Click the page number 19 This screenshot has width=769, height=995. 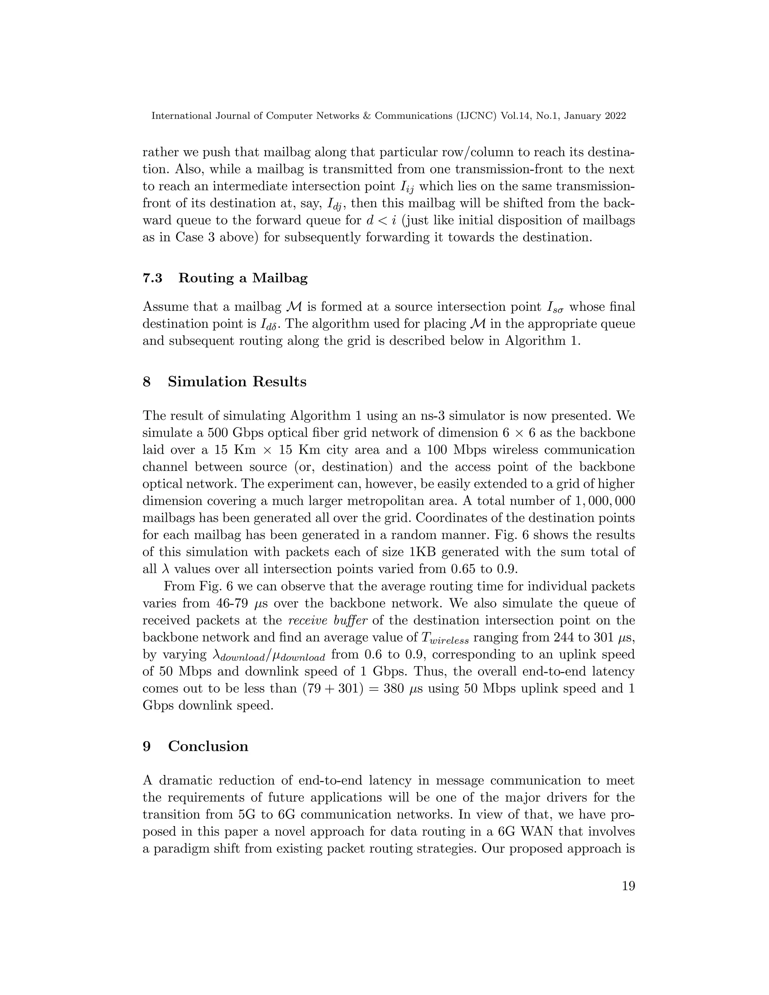point(628,886)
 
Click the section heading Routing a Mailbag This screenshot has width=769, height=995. point(243,278)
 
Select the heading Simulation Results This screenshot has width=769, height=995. point(237,381)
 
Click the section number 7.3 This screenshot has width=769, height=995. point(152,278)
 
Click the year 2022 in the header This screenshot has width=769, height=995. point(615,116)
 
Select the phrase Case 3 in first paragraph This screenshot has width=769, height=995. point(193,237)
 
